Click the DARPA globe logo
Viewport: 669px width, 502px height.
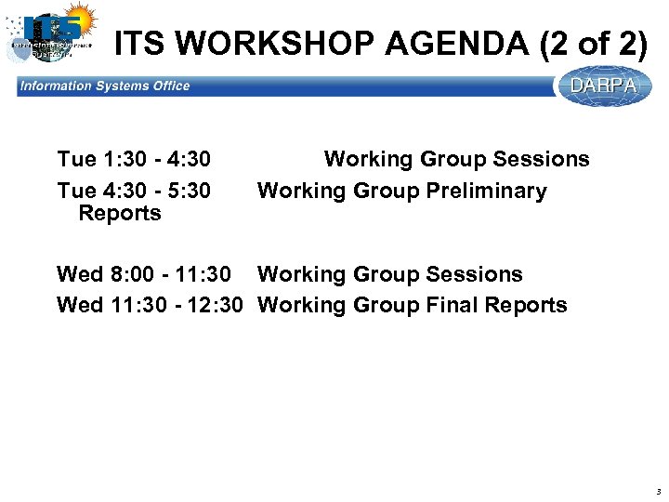click(x=603, y=86)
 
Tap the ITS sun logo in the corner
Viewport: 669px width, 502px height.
click(x=53, y=34)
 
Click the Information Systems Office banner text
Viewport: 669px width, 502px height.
click(x=104, y=86)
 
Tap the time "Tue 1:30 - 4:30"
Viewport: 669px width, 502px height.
click(x=134, y=160)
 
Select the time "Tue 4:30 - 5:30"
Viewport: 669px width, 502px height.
click(x=134, y=191)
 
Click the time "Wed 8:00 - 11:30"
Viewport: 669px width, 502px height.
click(x=143, y=274)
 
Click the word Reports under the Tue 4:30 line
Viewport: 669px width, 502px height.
click(x=120, y=213)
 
